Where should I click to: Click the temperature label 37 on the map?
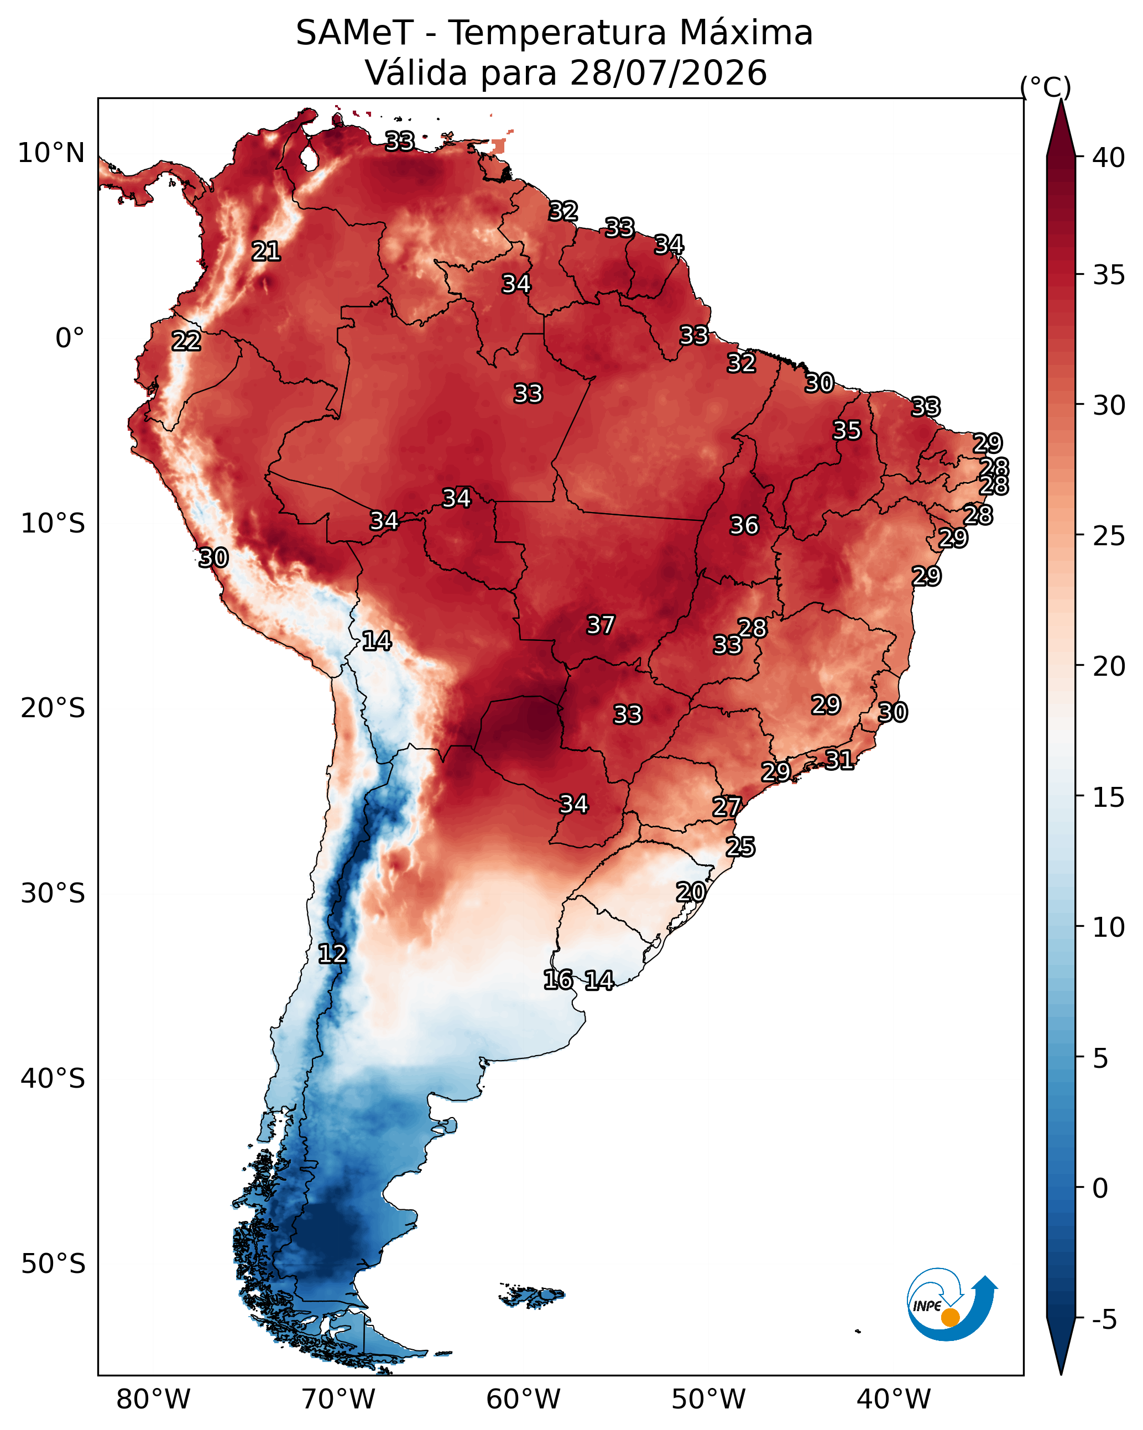point(601,625)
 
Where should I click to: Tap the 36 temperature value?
point(744,525)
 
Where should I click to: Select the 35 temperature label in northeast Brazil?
point(847,430)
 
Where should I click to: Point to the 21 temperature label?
point(266,252)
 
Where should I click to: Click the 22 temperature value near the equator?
point(186,342)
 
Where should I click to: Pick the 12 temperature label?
point(332,954)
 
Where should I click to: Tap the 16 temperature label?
point(559,980)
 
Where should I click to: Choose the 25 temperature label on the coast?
point(740,847)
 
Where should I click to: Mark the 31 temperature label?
point(839,759)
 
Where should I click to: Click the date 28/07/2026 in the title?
point(668,73)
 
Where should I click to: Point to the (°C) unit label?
point(1046,87)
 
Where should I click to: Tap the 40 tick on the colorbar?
point(1109,158)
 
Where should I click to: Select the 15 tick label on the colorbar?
point(1109,797)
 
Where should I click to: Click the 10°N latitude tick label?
point(51,153)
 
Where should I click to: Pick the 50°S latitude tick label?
point(53,1264)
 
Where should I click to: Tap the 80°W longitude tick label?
point(153,1399)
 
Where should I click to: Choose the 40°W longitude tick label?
point(894,1399)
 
